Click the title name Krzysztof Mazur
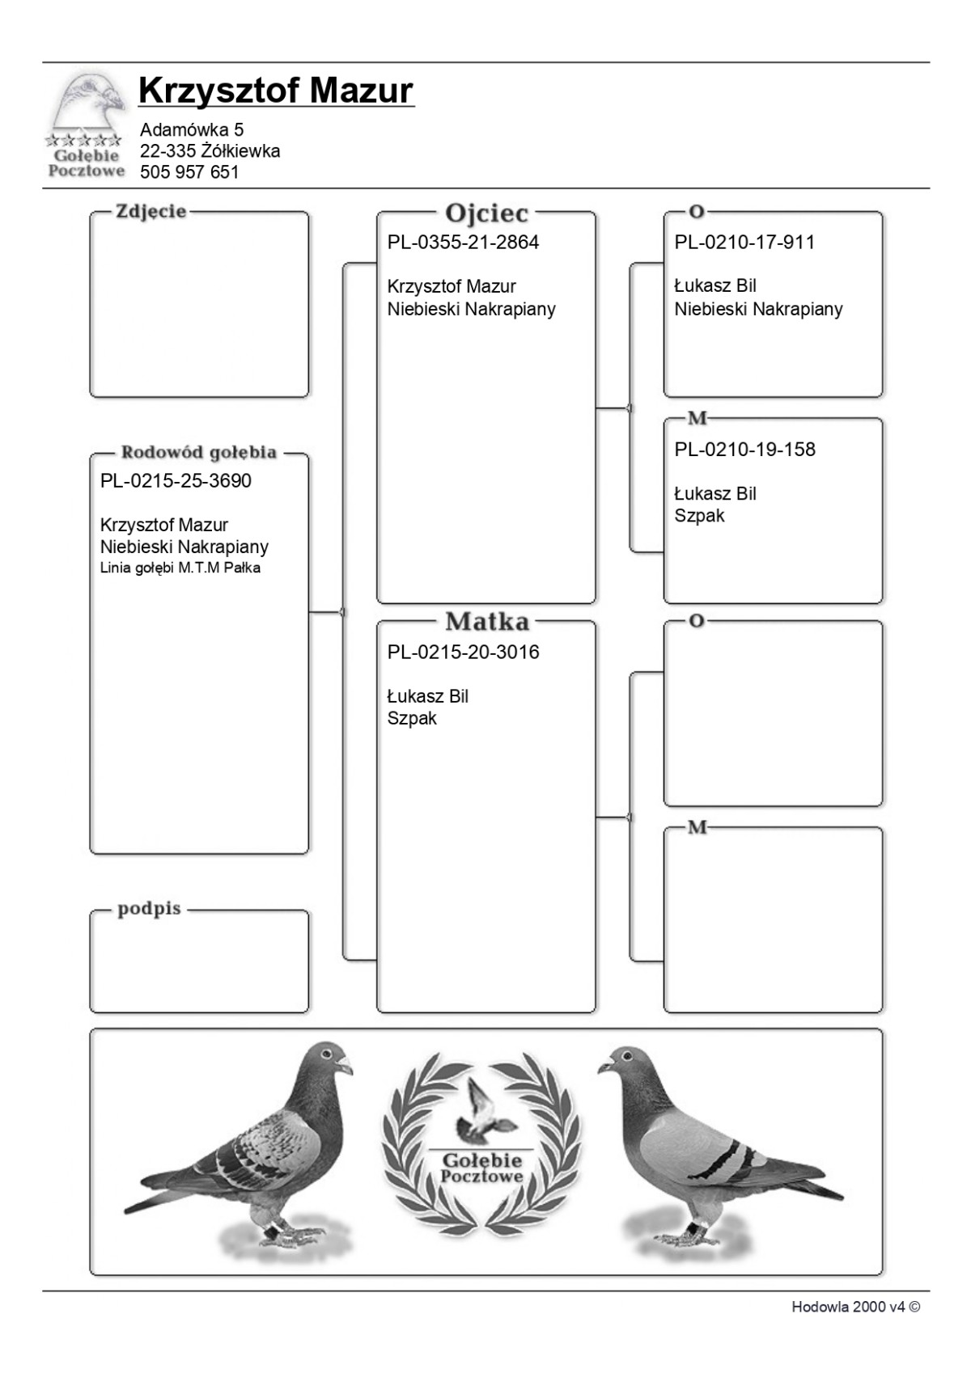[x=275, y=91]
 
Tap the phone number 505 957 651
[x=189, y=172]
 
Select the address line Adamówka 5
[x=192, y=129]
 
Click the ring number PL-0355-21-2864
[x=463, y=243]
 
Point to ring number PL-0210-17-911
[x=744, y=243]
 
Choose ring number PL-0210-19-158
[x=744, y=450]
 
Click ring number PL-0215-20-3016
[x=463, y=653]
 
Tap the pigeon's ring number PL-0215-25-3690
[x=176, y=481]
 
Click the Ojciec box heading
[x=486, y=213]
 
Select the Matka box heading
[x=486, y=622]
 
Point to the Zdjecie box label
[x=151, y=212]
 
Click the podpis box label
[x=149, y=909]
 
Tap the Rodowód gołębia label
[x=199, y=453]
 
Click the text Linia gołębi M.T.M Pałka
[x=180, y=568]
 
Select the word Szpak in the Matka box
[x=412, y=719]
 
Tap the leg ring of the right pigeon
[x=693, y=1228]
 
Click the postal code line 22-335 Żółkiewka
[x=210, y=151]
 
